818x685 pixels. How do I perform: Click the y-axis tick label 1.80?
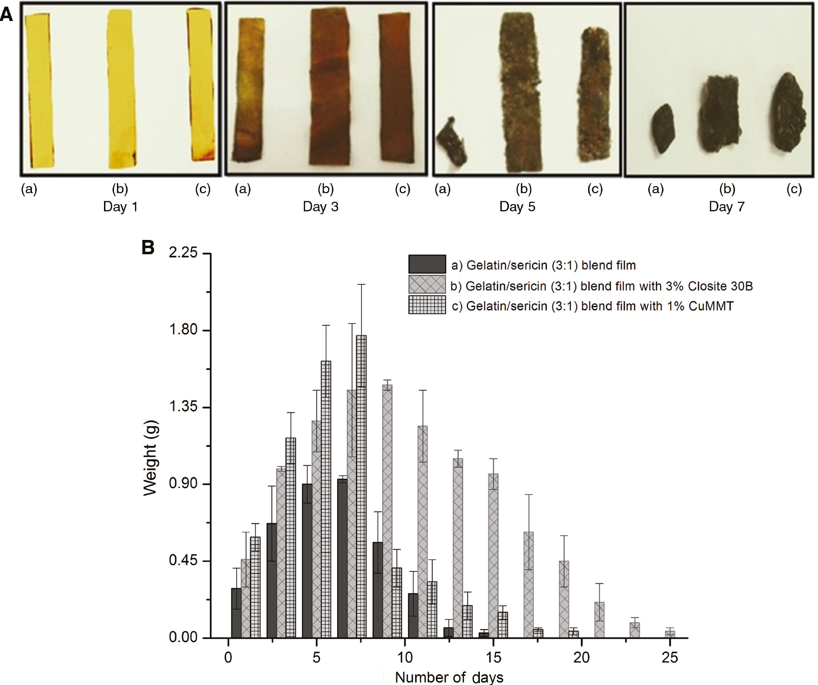coord(183,330)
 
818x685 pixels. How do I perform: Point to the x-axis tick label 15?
coord(493,658)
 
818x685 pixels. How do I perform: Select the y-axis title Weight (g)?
coord(150,458)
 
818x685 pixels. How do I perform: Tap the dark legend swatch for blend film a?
coord(427,264)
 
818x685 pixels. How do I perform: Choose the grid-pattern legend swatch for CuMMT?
coord(427,305)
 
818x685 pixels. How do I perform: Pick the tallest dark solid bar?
coord(342,558)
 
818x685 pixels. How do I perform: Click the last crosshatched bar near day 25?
coord(670,634)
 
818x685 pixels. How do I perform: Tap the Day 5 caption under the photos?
coord(517,207)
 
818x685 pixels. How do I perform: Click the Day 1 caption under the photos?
coord(120,207)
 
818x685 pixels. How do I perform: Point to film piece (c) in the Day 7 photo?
coord(787,113)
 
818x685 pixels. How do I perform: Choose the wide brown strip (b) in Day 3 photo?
coord(330,91)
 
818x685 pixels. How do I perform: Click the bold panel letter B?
coord(148,248)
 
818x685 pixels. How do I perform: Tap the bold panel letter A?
coord(6,14)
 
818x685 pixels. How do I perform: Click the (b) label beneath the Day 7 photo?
coord(727,189)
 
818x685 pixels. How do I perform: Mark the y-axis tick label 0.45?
coord(183,560)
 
